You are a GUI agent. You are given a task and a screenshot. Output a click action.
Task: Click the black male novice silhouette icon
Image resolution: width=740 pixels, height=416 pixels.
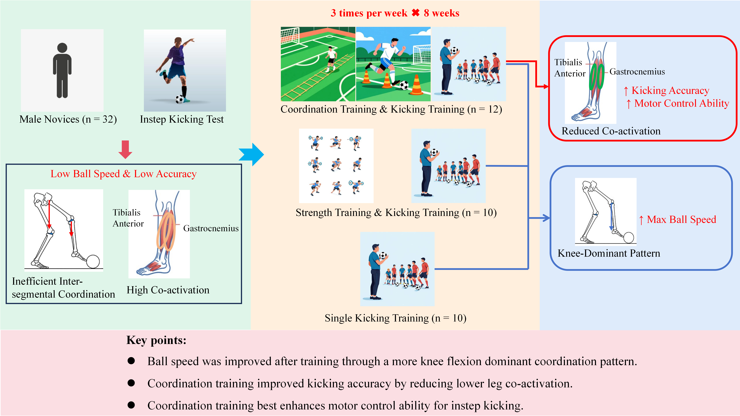[62, 70]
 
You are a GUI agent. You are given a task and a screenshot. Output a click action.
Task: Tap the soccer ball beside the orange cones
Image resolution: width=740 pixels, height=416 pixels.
[404, 85]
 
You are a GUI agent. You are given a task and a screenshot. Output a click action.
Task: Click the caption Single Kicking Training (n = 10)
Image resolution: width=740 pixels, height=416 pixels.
[396, 318]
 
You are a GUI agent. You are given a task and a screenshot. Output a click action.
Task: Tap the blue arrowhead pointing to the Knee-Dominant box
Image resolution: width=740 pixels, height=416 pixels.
[546, 218]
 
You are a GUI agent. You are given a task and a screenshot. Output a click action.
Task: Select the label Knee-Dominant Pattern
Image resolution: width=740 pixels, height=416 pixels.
[609, 253]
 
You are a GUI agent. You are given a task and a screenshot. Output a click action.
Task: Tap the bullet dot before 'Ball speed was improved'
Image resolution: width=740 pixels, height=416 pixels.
[131, 361]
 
